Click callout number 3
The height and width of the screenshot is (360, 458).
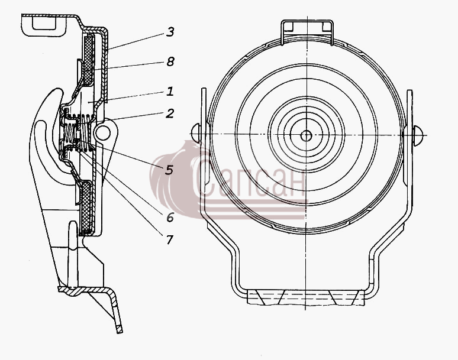coord(170,32)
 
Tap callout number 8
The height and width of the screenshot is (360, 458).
coord(170,61)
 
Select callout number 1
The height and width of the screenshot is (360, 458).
coord(170,91)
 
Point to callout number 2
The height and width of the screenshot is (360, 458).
coord(170,113)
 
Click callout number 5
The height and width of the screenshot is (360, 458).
coord(169,170)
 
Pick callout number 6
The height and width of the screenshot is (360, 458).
coord(170,218)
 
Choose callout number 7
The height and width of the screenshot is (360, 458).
coord(170,240)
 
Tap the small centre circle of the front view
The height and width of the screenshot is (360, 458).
coord(306,135)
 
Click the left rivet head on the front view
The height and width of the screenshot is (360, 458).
coord(195,134)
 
